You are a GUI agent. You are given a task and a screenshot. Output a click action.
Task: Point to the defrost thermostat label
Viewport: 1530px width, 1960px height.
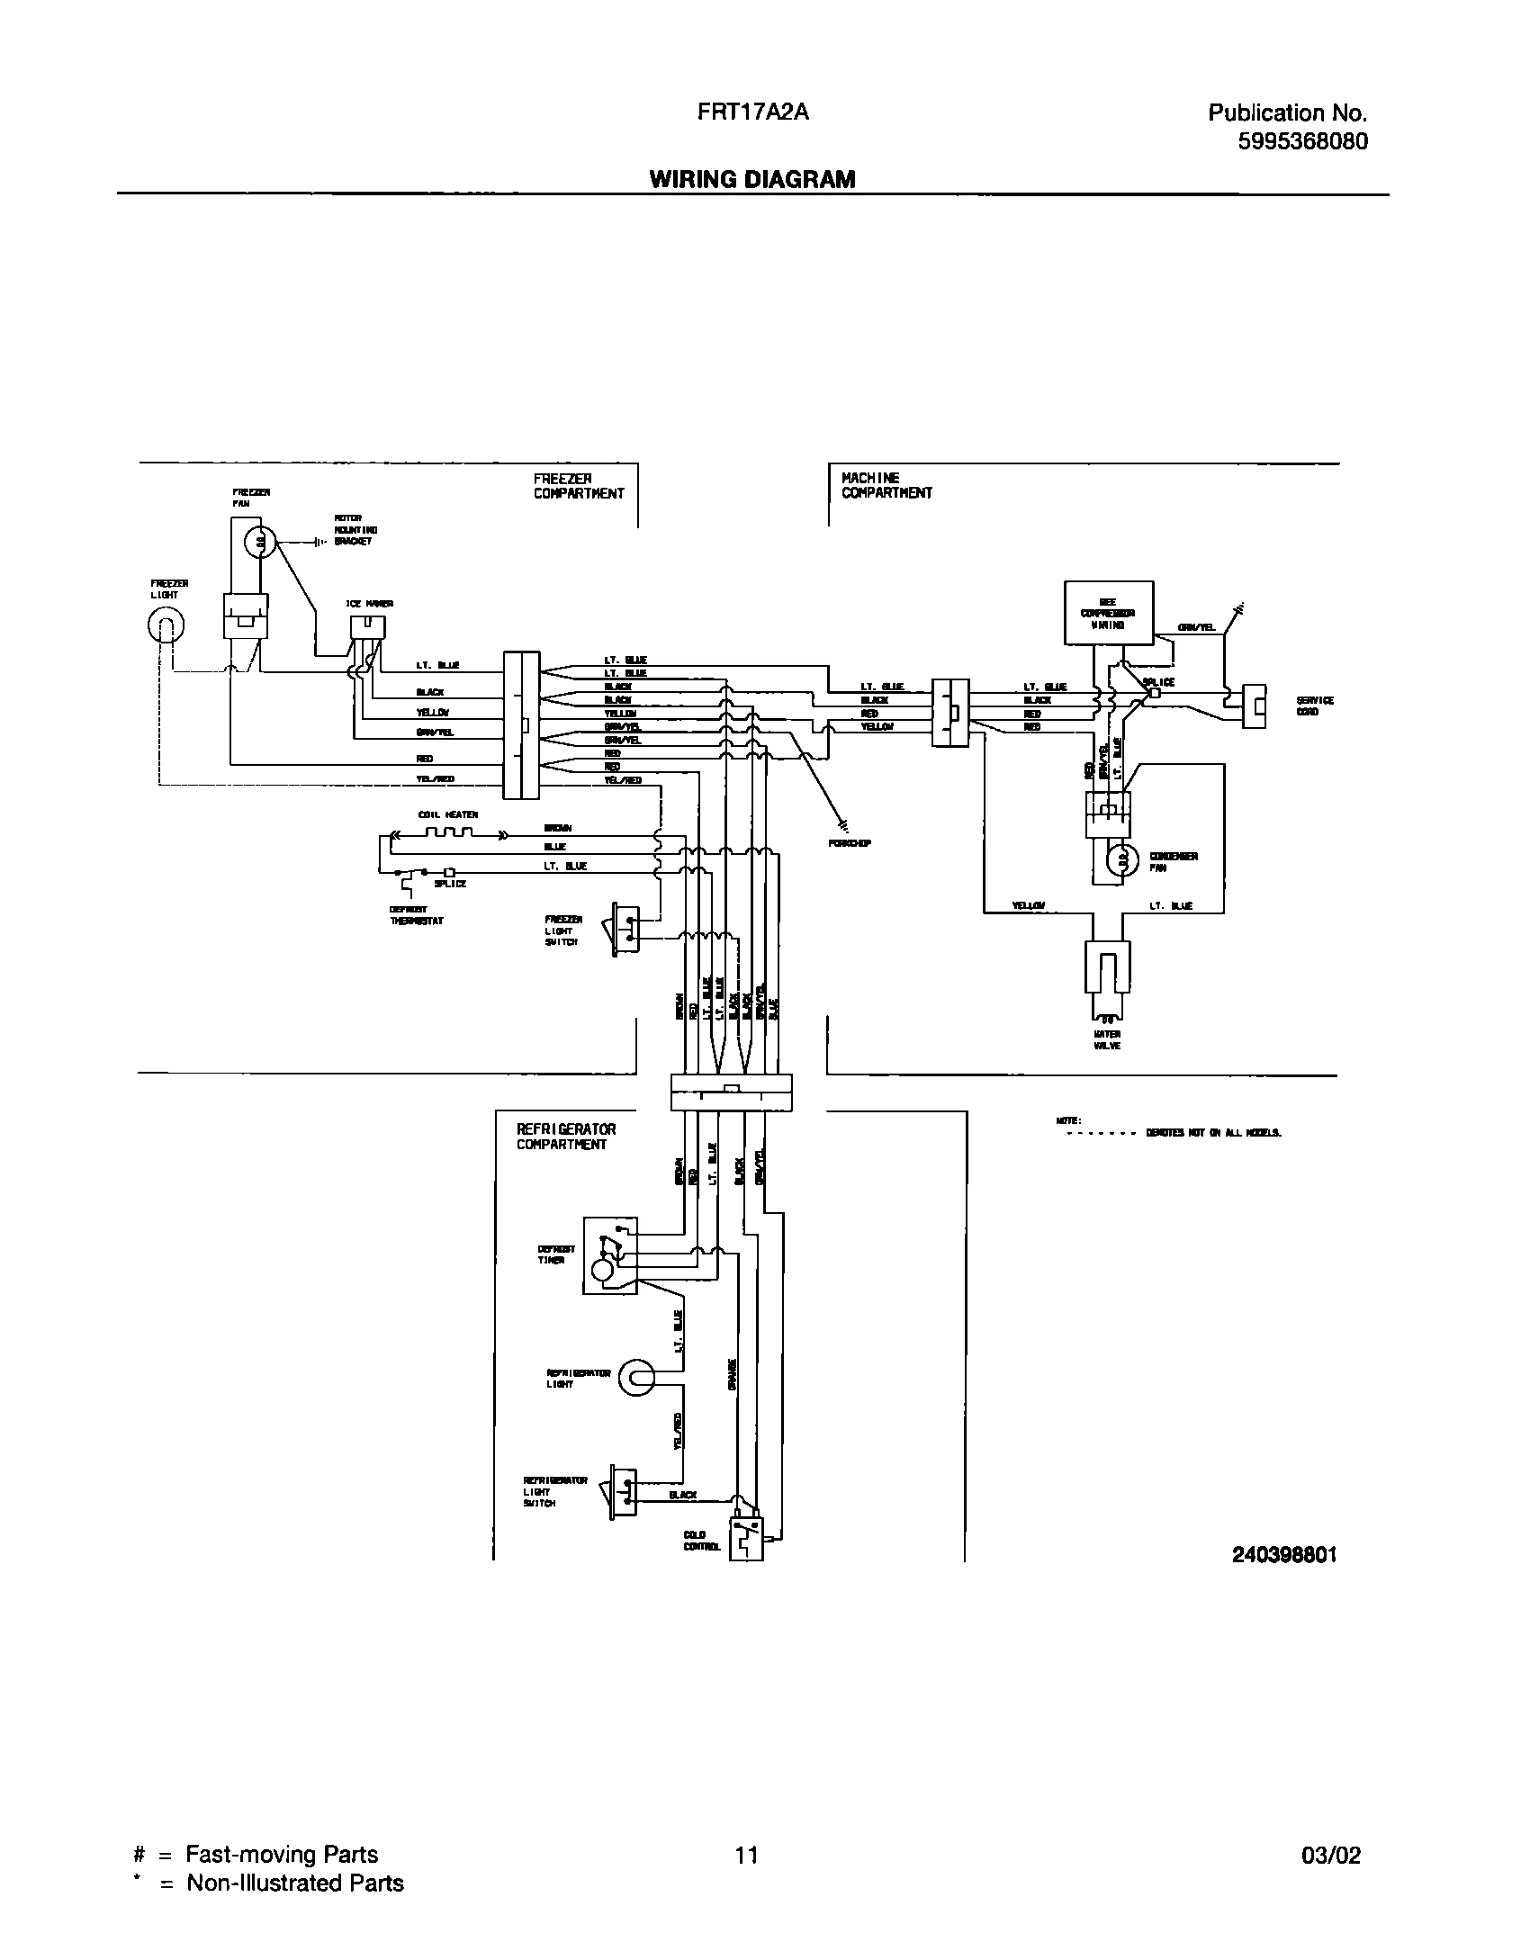(x=416, y=915)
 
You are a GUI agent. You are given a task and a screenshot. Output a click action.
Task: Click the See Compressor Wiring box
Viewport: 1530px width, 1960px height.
(x=1108, y=612)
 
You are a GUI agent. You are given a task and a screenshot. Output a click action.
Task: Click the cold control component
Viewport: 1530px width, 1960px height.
(x=747, y=1540)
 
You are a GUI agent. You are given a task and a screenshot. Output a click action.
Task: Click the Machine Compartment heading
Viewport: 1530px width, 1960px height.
(x=886, y=485)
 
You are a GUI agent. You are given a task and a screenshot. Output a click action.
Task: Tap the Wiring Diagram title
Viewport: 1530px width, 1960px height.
(x=752, y=179)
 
